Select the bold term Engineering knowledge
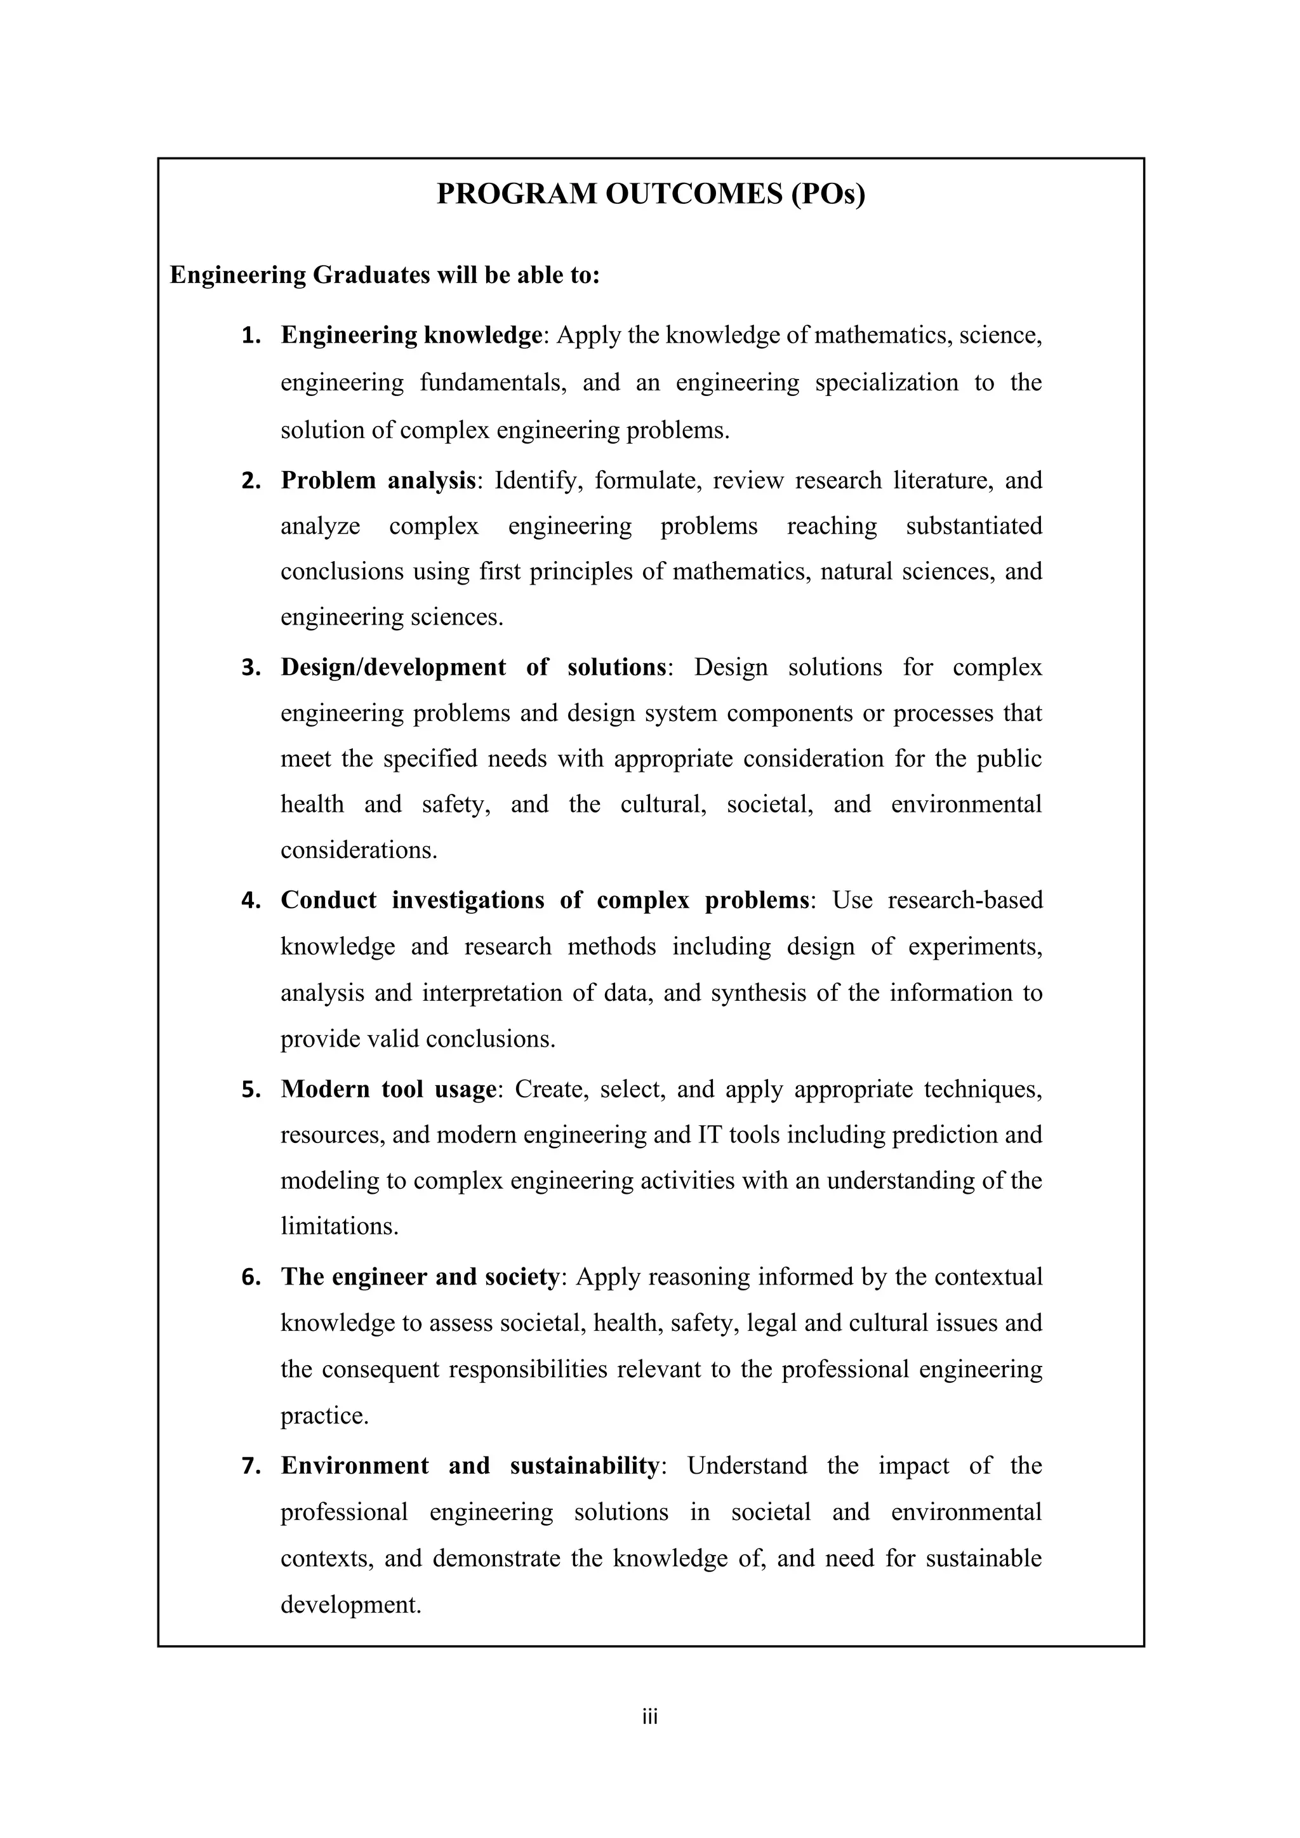point(411,334)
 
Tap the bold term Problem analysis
point(378,480)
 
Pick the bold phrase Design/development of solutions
point(473,667)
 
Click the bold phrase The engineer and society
point(420,1277)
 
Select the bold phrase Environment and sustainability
point(469,1465)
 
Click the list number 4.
point(251,901)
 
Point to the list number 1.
point(251,335)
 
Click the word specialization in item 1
point(886,383)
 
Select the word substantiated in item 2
point(973,526)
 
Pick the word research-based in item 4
point(965,901)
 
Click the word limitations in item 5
point(338,1226)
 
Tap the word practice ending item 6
point(324,1416)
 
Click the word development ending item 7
point(350,1605)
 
